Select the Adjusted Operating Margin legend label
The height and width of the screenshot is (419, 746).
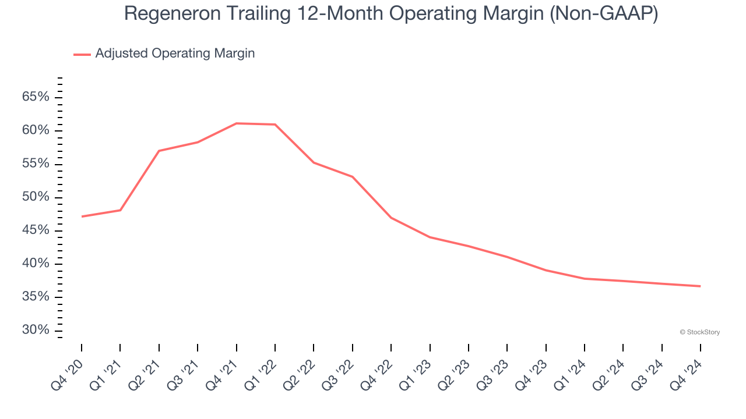point(175,54)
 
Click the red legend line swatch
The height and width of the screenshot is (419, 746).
point(82,54)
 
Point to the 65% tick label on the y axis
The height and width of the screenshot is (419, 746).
point(36,97)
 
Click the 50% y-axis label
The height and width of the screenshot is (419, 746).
point(36,197)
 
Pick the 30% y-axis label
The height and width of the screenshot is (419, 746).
point(36,331)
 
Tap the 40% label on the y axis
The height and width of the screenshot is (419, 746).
point(36,264)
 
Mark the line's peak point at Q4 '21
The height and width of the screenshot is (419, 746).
point(236,123)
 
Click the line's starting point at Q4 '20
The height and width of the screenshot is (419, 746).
point(82,216)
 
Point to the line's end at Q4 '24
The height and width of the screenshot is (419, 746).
point(700,286)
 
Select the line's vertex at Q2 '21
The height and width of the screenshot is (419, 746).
point(159,151)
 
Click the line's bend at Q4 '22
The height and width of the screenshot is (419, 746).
point(390,218)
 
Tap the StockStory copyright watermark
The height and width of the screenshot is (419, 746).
point(699,332)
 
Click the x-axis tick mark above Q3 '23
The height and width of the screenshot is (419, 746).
point(507,347)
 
